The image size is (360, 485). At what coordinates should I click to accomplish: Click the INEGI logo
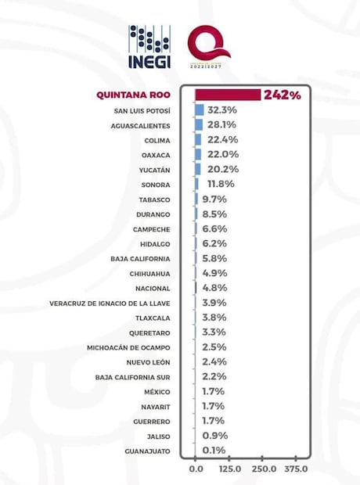[149, 46]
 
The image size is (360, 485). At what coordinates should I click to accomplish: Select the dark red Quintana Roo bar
[228, 95]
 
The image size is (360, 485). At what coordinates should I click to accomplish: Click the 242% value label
[282, 95]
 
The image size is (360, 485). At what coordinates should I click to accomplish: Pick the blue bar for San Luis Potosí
[200, 110]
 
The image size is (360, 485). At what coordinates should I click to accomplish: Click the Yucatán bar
[198, 170]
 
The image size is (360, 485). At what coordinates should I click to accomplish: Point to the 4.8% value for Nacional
[214, 288]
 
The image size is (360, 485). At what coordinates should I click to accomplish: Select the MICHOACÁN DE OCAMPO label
[131, 348]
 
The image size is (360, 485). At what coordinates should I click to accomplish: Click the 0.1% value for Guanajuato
[214, 451]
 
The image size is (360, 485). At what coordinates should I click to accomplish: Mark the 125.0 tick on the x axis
[229, 469]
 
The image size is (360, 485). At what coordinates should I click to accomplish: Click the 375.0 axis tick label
[297, 469]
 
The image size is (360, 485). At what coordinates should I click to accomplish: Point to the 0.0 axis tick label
[196, 469]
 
